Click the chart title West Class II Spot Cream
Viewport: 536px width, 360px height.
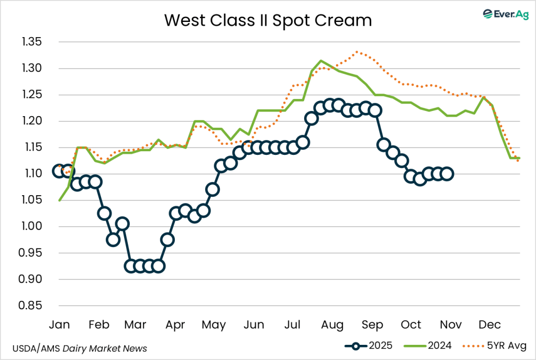[x=268, y=20]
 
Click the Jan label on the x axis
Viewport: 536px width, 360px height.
[x=59, y=325]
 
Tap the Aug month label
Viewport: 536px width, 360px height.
[x=332, y=325]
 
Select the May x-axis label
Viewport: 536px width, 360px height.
[x=215, y=325]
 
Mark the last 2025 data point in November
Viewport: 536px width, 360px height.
[x=448, y=174]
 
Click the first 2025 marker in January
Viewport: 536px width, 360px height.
[x=59, y=171]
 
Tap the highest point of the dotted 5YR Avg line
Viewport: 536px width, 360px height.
[x=356, y=52]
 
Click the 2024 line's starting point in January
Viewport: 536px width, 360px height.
[x=59, y=200]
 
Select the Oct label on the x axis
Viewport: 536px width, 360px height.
[x=411, y=325]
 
